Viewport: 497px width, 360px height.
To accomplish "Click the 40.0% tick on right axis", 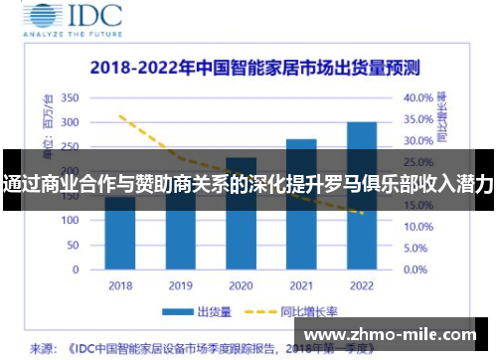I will tap(418, 97).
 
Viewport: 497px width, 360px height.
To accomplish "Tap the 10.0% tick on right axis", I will tap(418, 228).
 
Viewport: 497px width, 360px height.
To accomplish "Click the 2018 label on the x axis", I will tap(120, 285).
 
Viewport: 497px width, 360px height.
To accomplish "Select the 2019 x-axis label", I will tap(181, 285).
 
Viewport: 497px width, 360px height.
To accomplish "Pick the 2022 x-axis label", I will tap(362, 285).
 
